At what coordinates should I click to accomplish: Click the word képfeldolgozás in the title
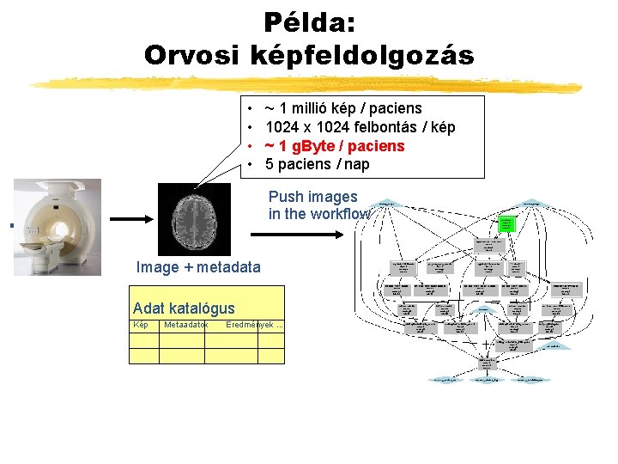361,55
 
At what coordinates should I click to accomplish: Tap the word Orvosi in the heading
193,55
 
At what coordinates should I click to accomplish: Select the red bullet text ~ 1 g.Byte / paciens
334,146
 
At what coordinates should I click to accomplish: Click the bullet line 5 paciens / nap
317,164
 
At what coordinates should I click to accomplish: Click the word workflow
343,214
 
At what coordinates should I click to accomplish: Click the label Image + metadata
197,267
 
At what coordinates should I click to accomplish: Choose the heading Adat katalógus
184,308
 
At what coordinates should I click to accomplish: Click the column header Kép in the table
142,325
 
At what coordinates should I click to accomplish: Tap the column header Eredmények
250,325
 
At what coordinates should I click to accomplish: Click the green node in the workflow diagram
506,224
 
